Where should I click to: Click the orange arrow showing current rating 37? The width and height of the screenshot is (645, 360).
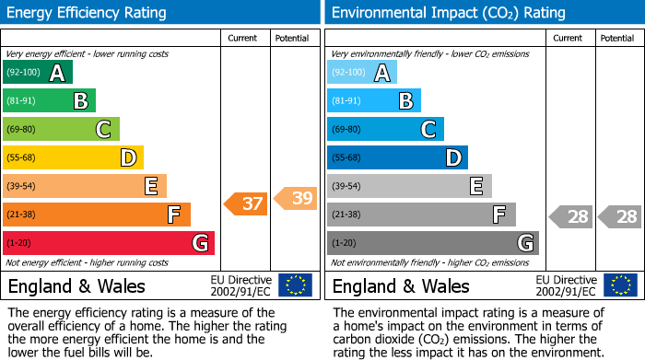[246, 203]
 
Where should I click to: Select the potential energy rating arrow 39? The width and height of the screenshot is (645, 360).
[296, 198]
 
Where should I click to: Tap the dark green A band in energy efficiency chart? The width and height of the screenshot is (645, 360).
[38, 73]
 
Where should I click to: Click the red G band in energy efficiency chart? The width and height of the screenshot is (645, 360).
[109, 243]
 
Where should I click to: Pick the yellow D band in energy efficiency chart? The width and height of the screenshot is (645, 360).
[73, 157]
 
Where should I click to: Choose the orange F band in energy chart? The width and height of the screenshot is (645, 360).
[97, 215]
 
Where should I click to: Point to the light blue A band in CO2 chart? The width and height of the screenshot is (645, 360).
[362, 73]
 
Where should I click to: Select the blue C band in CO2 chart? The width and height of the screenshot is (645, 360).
[385, 129]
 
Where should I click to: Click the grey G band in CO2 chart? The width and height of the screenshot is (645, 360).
[432, 243]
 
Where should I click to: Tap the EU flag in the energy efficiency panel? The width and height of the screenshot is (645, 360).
[295, 285]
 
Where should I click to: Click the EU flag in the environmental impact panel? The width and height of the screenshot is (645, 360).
[620, 285]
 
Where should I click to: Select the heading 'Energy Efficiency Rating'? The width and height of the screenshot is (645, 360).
[88, 13]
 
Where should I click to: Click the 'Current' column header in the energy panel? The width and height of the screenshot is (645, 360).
[242, 38]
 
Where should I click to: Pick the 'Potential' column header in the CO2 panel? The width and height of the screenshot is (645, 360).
[616, 38]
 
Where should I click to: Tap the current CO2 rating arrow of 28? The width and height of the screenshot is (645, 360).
[570, 217]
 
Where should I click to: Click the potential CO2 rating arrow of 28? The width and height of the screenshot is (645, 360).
[619, 217]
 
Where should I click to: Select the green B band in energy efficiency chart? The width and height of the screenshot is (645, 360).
[49, 101]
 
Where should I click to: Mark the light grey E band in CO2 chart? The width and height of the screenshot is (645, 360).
[409, 186]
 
